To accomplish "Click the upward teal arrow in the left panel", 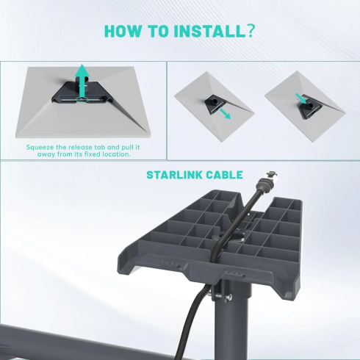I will tap(83, 76).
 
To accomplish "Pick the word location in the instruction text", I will tap(116, 154).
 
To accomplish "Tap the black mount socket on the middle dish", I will tap(213, 100).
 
